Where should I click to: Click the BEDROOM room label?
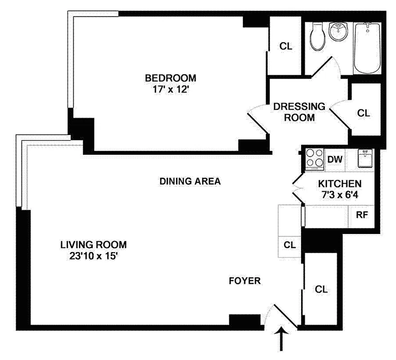pyautogui.click(x=171, y=78)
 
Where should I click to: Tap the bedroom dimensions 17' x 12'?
pyautogui.click(x=171, y=89)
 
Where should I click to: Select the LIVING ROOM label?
pyautogui.click(x=94, y=245)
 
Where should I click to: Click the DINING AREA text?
pyautogui.click(x=190, y=181)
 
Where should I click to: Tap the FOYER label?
pyautogui.click(x=244, y=281)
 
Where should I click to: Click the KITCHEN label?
pyautogui.click(x=339, y=184)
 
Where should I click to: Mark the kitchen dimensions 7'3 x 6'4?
pyautogui.click(x=339, y=195)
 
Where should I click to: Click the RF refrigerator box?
pyautogui.click(x=362, y=214)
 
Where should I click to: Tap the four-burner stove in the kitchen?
pyautogui.click(x=315, y=158)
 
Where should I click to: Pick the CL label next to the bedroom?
pyautogui.click(x=285, y=46)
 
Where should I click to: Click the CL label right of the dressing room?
pyautogui.click(x=363, y=113)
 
